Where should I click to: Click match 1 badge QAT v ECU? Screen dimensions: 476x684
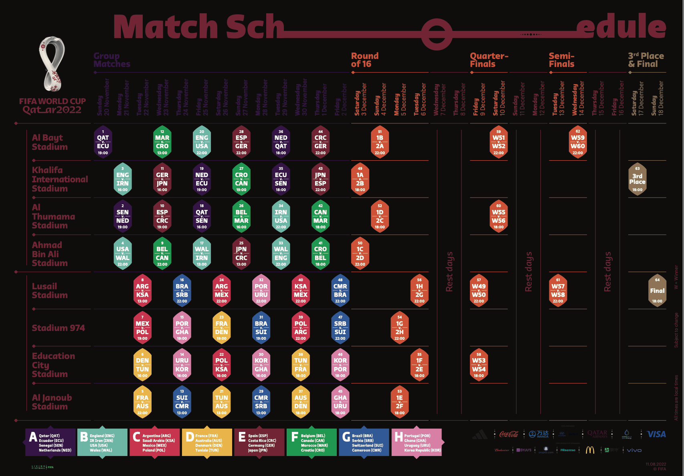103,142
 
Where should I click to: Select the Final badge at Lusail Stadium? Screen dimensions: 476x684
657,290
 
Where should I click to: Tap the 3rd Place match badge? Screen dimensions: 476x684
637,179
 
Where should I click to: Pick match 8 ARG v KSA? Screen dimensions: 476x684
142,290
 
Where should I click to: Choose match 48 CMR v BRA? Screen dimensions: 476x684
340,290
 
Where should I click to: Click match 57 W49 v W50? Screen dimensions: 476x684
479,290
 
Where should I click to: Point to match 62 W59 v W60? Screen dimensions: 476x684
577,142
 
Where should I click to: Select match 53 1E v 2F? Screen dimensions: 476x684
399,402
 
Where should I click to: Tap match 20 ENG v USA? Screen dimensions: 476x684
202,142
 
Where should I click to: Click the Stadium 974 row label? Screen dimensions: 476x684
59,328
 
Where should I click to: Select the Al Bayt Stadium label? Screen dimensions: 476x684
50,142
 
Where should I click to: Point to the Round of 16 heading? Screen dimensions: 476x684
365,60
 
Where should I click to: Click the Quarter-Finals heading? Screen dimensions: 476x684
489,60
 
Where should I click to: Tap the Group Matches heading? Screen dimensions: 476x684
112,60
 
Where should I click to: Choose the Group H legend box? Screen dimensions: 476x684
417,442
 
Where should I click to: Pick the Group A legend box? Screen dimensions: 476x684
51,442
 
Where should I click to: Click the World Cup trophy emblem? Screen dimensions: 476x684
52,64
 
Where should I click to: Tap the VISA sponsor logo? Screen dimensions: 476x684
656,434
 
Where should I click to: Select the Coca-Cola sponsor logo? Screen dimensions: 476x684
509,434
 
